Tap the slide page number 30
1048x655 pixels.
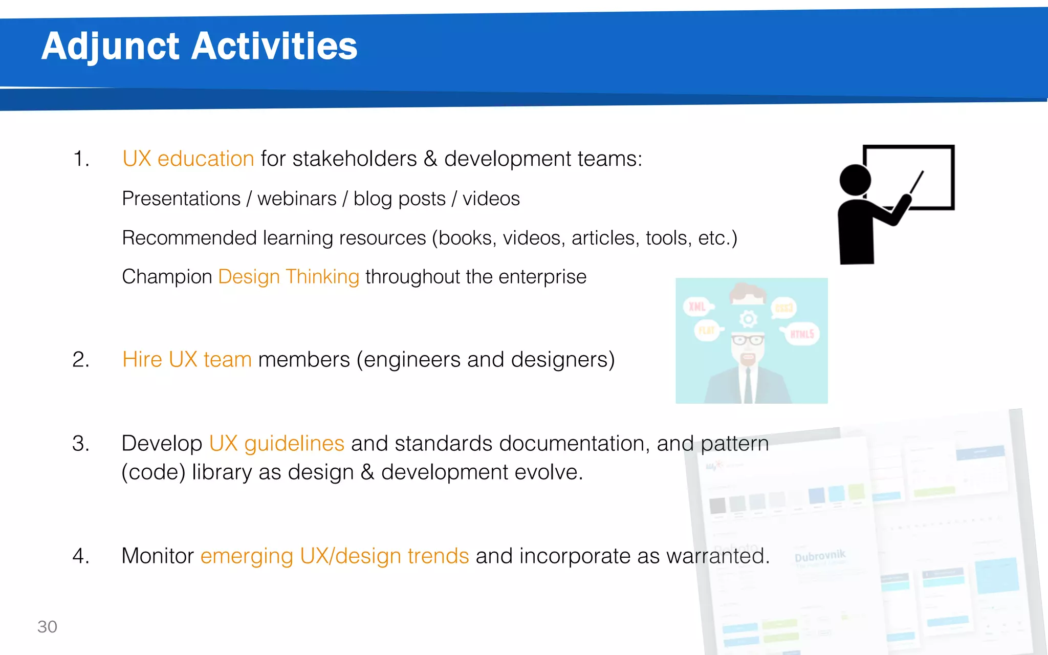point(47,626)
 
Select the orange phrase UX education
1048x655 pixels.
point(188,159)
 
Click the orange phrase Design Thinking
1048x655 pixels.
point(289,277)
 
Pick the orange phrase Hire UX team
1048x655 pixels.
point(187,360)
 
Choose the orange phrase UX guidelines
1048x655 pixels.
point(276,443)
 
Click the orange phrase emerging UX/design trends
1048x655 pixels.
point(335,556)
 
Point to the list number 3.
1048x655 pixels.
point(81,443)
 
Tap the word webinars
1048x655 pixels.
point(297,199)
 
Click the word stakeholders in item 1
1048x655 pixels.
point(355,159)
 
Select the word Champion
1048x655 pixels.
point(167,277)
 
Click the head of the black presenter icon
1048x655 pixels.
point(855,180)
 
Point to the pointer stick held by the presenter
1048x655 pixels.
point(916,183)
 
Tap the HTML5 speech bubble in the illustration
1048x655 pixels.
point(801,334)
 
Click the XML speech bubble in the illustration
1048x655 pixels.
point(697,307)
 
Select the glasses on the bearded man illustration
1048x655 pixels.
point(748,339)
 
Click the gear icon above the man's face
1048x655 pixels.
point(748,319)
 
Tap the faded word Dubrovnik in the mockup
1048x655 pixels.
point(820,556)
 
